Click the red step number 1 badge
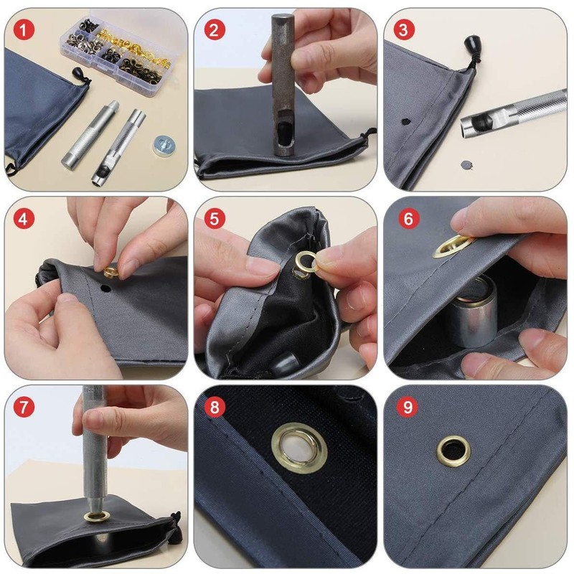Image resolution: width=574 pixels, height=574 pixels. tap(24, 29)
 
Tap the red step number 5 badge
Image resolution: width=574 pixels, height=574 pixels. tap(215, 219)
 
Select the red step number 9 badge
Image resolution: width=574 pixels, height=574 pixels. tap(408, 407)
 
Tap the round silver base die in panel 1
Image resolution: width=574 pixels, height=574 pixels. tap(164, 145)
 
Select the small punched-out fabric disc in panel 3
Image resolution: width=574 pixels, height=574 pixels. tap(466, 165)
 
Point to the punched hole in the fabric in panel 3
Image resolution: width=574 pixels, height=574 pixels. tap(405, 121)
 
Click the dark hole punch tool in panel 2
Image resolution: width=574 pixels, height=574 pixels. tap(283, 84)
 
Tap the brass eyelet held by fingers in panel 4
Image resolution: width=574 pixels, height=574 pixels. tap(110, 272)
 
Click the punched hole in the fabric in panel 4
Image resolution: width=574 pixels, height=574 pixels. tap(105, 288)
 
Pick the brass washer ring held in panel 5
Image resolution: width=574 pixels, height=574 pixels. tap(306, 262)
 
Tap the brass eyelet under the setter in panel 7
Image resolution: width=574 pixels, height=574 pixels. tap(97, 517)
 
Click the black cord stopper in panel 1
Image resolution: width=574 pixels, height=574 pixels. tap(80, 77)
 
